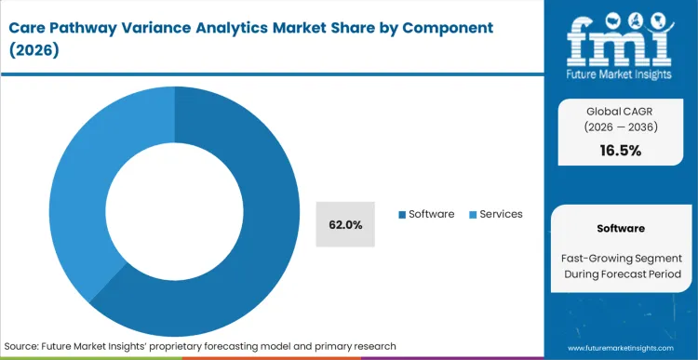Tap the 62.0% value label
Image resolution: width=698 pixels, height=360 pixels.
345,224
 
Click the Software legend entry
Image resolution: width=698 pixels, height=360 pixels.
431,214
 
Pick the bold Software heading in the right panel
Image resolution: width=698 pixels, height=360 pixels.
622,227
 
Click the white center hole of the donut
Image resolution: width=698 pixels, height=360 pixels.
174,202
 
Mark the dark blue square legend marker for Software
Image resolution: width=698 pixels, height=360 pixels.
402,215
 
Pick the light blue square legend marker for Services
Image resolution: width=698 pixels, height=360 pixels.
473,215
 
